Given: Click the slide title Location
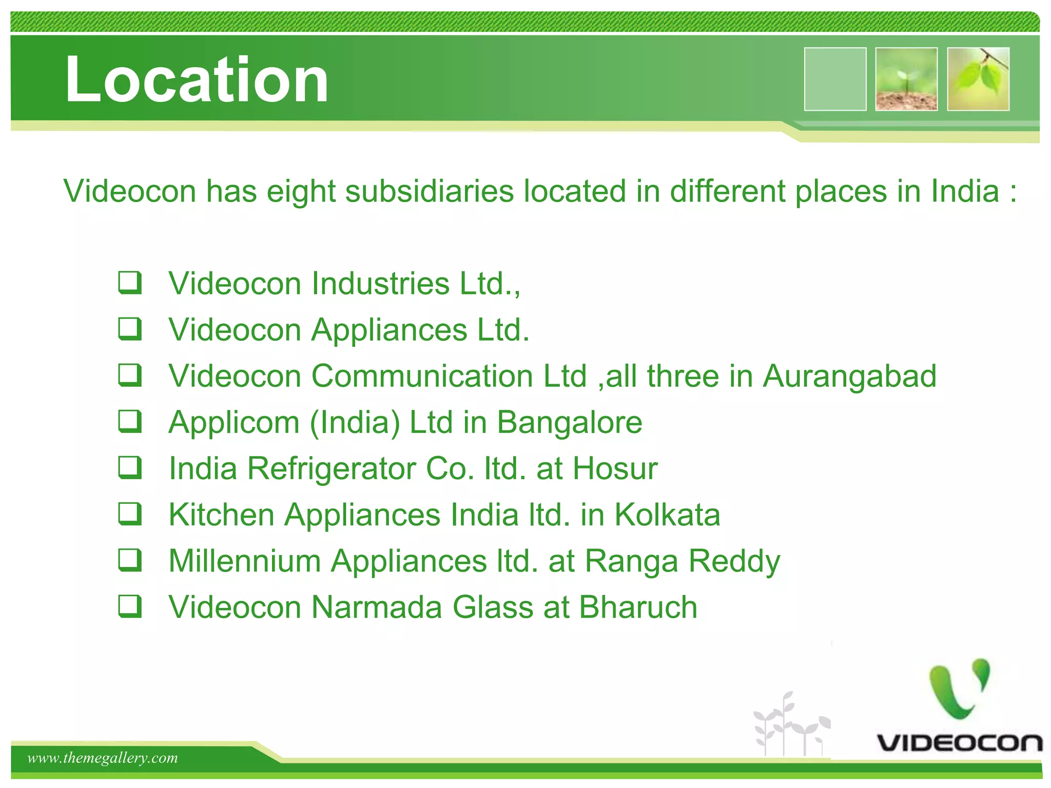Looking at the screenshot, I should pyautogui.click(x=197, y=80).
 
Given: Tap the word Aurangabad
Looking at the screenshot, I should pyautogui.click(x=849, y=376).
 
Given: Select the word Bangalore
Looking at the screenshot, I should pyautogui.click(x=569, y=423).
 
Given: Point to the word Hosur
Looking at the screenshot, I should pyautogui.click(x=615, y=468).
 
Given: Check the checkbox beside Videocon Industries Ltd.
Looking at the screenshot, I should pyautogui.click(x=130, y=283).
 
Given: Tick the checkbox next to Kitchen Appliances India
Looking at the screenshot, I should pyautogui.click(x=130, y=514).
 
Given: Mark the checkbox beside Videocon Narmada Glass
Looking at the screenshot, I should pyautogui.click(x=130, y=606).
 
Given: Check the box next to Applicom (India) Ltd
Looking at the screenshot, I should pyautogui.click(x=130, y=422).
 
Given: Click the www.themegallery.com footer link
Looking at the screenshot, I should pyautogui.click(x=103, y=758).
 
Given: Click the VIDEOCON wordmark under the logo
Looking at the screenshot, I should pyautogui.click(x=959, y=743).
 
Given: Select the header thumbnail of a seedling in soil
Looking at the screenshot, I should pyautogui.click(x=906, y=79).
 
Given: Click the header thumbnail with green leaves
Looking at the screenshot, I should pyautogui.click(x=978, y=79).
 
